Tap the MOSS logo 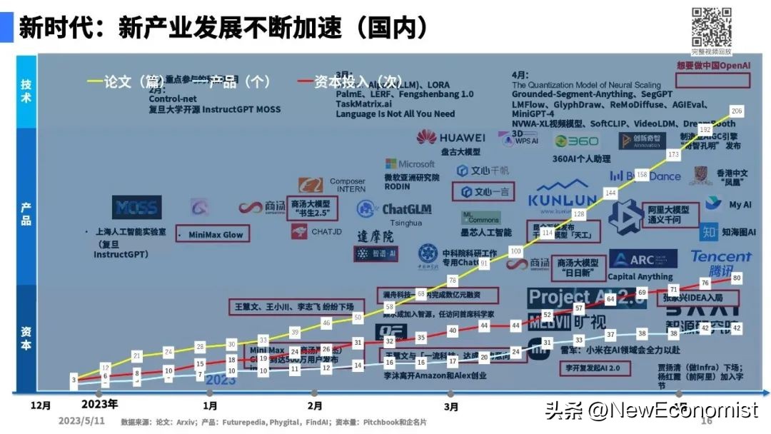(136, 207)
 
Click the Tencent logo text (720, 256)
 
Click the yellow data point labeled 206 (737, 111)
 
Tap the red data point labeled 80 (737, 277)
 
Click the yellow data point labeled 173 (673, 154)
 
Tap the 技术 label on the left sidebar (26, 91)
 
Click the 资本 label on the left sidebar (26, 337)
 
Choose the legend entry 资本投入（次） (342, 82)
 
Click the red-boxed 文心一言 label (484, 192)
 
